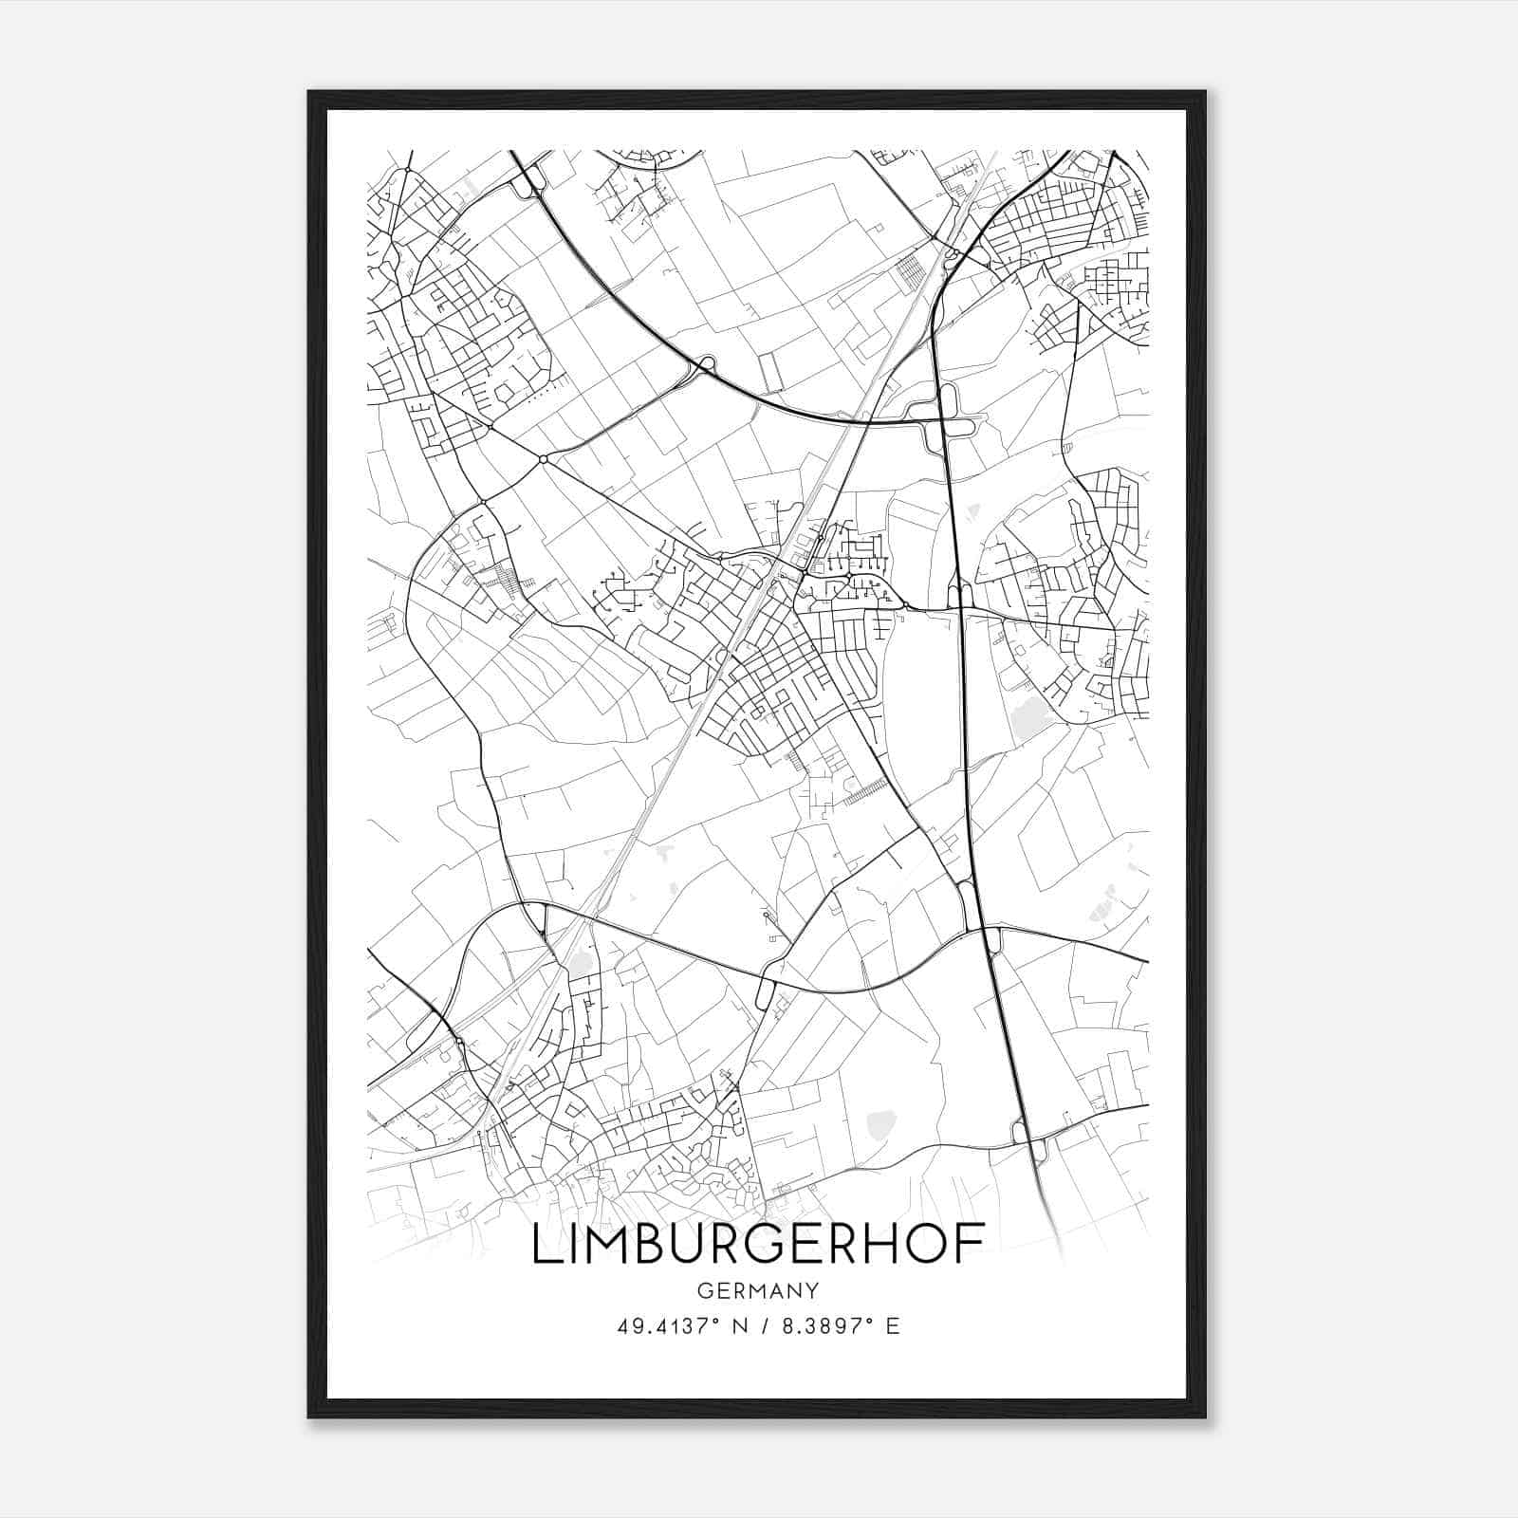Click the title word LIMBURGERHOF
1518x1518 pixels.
coord(757,1244)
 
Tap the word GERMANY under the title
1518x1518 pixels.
coord(757,1290)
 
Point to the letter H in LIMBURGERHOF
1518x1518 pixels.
coord(883,1244)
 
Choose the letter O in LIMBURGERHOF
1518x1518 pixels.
coord(929,1244)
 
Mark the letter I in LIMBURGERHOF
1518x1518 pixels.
coord(574,1244)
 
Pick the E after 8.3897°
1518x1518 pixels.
coord(893,1326)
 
